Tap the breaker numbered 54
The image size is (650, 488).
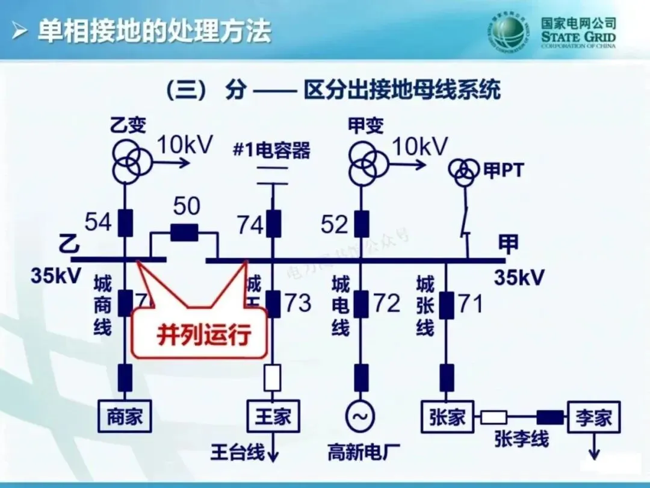[x=125, y=223]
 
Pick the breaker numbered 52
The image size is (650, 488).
[x=361, y=224]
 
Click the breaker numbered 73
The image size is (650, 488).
[x=274, y=303]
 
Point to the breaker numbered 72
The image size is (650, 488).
[x=361, y=303]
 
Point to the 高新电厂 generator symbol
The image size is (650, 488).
[x=361, y=416]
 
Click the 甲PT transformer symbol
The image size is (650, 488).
[x=463, y=173]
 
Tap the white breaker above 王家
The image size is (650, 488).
[x=273, y=378]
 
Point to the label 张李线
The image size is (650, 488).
[x=521, y=439]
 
